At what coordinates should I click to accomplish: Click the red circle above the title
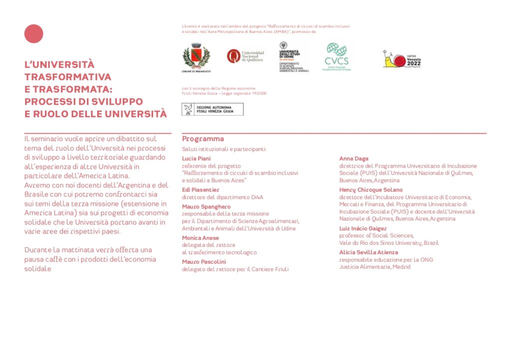34,34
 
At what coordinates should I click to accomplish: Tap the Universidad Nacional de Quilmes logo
245,56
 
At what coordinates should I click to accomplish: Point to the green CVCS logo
337,56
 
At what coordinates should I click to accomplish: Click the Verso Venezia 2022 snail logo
402,59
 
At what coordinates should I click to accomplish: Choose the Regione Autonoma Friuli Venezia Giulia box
213,109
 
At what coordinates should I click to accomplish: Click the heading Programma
203,139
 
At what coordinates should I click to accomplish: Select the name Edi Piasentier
201,190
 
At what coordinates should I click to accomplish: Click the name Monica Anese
200,238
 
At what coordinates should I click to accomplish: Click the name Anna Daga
354,159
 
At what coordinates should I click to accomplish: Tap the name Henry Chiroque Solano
371,190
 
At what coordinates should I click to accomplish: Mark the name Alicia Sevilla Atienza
369,252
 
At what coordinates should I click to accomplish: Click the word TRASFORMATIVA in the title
68,77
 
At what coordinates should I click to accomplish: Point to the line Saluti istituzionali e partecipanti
224,149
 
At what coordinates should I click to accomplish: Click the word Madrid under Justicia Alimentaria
401,267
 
